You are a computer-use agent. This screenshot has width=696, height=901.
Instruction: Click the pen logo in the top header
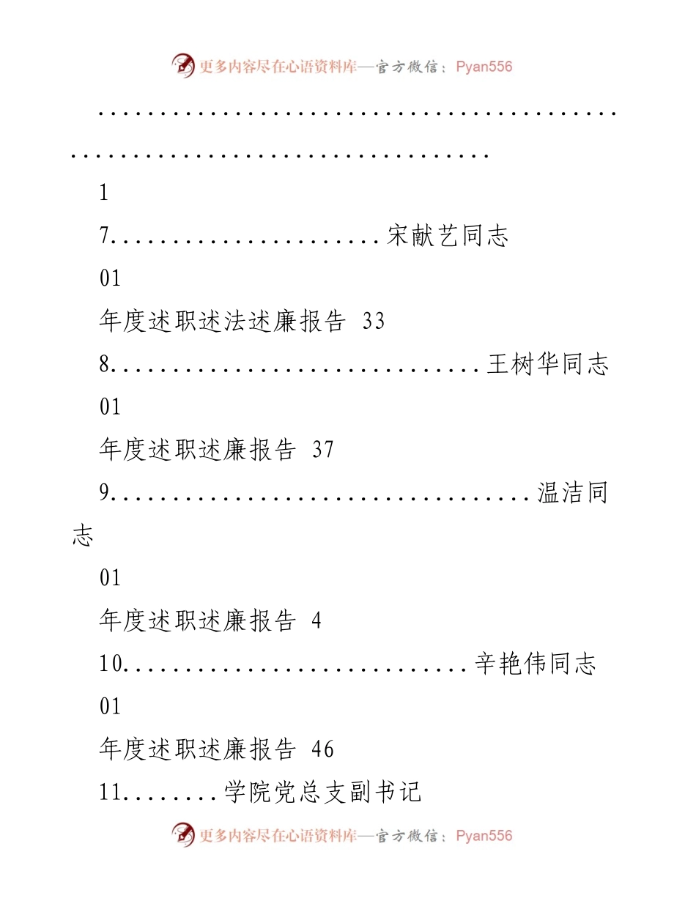pos(183,66)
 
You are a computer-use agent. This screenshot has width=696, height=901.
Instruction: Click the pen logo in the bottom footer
pos(183,835)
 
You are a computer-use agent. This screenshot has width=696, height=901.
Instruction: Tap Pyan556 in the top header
pos(484,67)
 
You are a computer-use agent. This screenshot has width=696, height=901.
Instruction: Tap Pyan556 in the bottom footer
pos(484,836)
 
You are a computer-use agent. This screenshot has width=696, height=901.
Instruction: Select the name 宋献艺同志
pos(448,236)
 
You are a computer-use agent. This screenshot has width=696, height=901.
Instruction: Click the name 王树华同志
pos(547,364)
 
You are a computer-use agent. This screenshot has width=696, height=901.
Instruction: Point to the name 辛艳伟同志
pos(535,664)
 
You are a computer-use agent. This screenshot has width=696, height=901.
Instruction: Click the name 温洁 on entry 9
pos(560,492)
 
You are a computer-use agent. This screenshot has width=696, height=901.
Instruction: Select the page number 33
pos(374,322)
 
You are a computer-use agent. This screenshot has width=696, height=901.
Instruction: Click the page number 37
pos(323,450)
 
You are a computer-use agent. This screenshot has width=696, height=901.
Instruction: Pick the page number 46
pos(323,749)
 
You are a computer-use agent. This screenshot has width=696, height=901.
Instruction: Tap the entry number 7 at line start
pos(104,236)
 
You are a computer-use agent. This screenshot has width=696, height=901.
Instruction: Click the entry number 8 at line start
pos(104,364)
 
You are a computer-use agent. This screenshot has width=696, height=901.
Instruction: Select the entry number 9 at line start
pos(104,492)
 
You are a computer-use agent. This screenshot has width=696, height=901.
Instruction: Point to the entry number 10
pos(111,664)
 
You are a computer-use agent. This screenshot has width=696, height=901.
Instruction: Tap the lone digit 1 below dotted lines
pos(104,193)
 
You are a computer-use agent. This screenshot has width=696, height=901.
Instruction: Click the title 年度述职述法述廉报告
pos(222,322)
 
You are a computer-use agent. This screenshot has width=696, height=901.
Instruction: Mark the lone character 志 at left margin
pos(83,535)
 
